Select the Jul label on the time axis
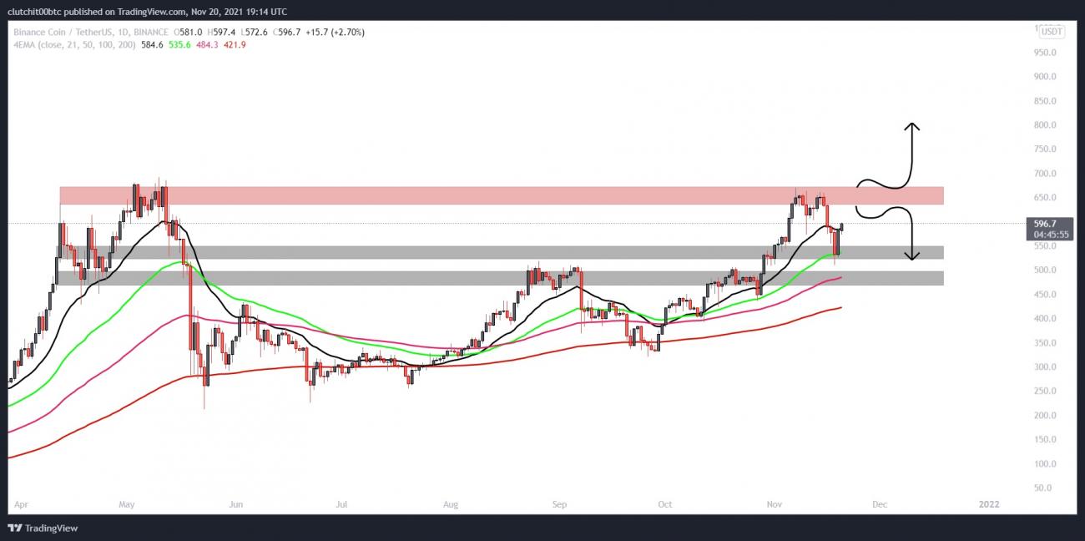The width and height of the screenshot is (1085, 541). [341, 504]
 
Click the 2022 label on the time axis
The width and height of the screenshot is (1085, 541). [989, 504]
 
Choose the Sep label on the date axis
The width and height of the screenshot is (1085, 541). [559, 504]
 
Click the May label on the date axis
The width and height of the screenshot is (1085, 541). [127, 504]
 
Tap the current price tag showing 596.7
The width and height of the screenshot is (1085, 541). [1045, 224]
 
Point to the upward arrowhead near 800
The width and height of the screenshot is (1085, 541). [913, 127]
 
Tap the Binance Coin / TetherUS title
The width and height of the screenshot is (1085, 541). [63, 32]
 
